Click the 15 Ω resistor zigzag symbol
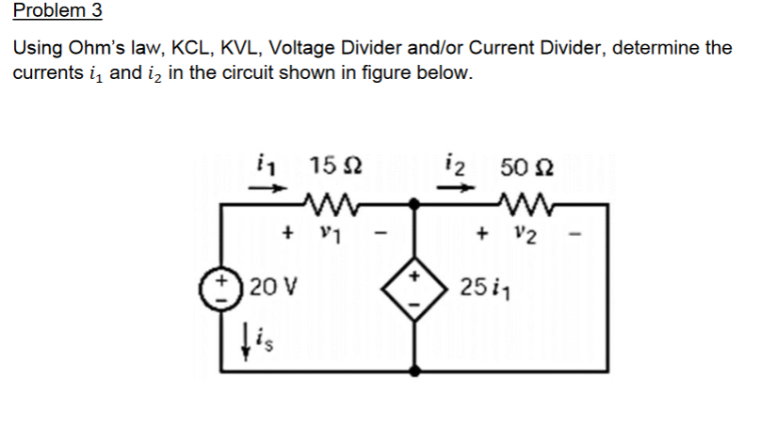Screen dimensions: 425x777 tap(325, 203)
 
